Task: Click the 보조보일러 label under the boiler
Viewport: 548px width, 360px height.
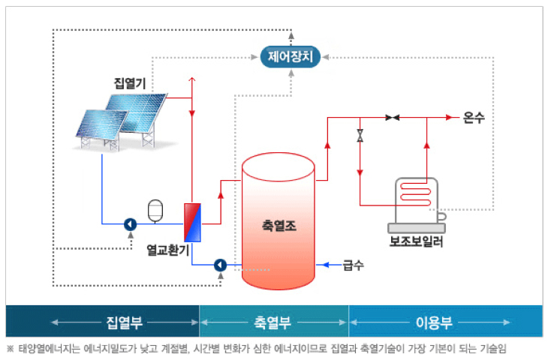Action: point(416,242)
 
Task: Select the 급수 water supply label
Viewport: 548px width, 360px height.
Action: point(353,265)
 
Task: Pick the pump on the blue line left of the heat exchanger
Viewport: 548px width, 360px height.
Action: point(129,223)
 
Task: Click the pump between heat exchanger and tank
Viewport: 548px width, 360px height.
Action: point(220,265)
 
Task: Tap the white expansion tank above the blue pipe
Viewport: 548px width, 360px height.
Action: point(156,209)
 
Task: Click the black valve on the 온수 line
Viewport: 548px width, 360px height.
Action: point(392,118)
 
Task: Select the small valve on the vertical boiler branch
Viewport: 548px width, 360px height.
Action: point(360,136)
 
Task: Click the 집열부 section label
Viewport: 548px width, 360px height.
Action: point(125,322)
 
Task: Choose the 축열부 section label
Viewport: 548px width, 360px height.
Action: point(273,322)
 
